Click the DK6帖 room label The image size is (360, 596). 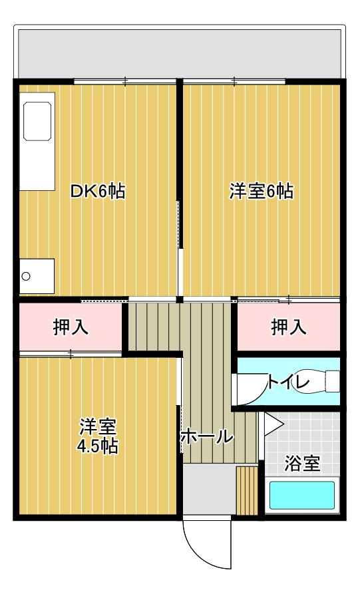click(x=97, y=191)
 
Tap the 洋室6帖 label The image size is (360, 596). click(x=261, y=191)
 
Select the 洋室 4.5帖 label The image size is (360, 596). click(x=97, y=436)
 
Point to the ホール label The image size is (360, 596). click(x=206, y=436)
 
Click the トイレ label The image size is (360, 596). click(x=288, y=382)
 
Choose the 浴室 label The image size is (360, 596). click(x=302, y=463)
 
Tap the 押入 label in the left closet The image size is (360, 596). click(x=71, y=327)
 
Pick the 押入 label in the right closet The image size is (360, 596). click(x=289, y=327)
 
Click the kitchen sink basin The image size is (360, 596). click(x=37, y=121)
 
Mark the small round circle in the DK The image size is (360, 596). click(x=26, y=276)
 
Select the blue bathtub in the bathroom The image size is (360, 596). click(x=302, y=496)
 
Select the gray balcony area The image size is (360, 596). click(x=180, y=54)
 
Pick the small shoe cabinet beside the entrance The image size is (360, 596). click(x=247, y=490)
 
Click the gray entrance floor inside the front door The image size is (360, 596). click(x=209, y=490)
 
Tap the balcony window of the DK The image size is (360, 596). click(x=125, y=81)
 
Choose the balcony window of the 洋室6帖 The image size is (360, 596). click(x=234, y=81)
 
